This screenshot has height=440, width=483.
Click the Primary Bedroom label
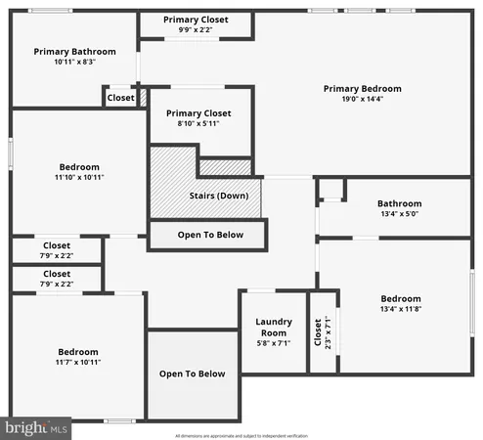(363, 89)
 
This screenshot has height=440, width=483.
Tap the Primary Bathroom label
(74, 52)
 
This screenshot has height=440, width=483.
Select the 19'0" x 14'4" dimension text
(363, 100)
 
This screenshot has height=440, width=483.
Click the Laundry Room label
(274, 327)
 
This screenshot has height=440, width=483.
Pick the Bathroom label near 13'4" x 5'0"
(401, 203)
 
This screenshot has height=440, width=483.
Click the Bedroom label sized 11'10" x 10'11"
(79, 166)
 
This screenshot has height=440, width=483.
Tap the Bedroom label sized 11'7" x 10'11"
(78, 352)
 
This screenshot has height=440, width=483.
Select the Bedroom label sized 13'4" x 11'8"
(401, 299)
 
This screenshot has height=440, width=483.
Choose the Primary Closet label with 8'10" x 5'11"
(198, 112)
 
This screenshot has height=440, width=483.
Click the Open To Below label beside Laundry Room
(192, 374)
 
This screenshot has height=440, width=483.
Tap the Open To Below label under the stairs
(208, 235)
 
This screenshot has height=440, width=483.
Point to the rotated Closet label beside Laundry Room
(317, 331)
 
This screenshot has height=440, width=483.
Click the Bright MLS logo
(36, 427)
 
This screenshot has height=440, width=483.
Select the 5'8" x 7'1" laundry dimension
(274, 343)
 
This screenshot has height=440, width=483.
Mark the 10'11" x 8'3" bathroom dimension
(74, 62)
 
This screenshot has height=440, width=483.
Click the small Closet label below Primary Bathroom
(120, 98)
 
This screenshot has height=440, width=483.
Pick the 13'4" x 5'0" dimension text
(401, 214)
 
